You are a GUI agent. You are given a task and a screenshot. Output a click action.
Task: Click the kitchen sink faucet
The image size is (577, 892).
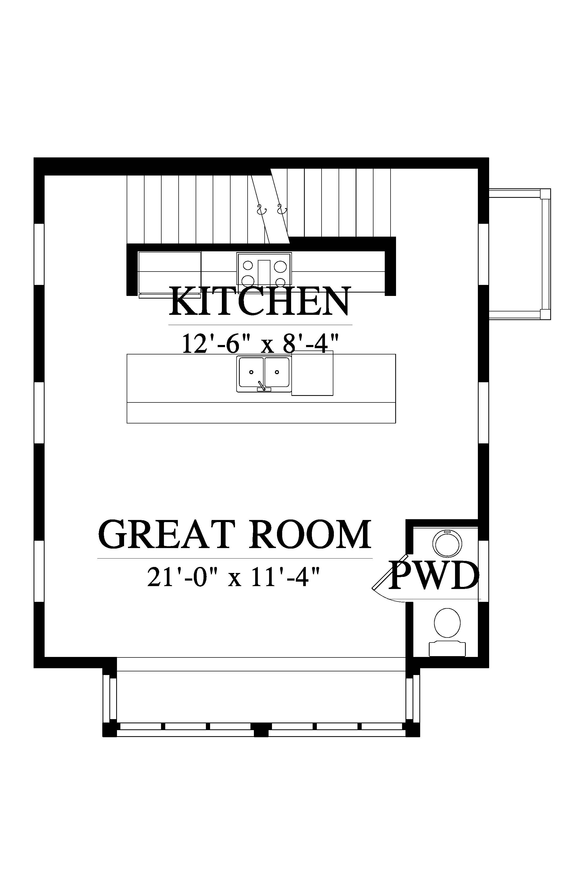(x=262, y=386)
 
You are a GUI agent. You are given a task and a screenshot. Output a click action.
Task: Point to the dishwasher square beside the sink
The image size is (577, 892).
(x=312, y=373)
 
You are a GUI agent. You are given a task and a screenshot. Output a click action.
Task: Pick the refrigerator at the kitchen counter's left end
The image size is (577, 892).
(x=169, y=273)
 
